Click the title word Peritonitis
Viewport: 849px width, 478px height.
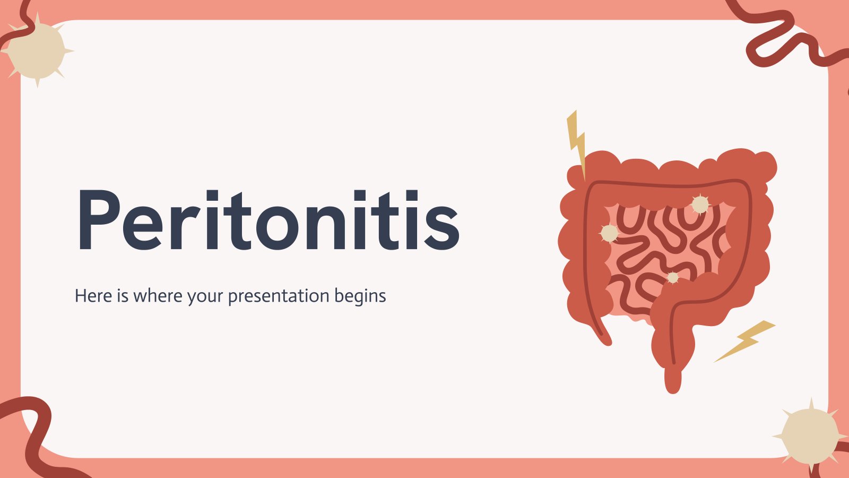tap(268, 220)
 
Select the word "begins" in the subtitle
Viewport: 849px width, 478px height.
tap(360, 296)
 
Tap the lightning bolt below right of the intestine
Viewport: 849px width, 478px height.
tap(745, 340)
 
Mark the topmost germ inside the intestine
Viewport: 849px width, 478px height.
tap(700, 204)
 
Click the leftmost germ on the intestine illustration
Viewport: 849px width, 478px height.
tap(609, 233)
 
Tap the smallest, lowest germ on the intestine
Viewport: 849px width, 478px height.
tap(673, 277)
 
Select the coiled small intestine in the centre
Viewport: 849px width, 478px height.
tap(663, 250)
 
